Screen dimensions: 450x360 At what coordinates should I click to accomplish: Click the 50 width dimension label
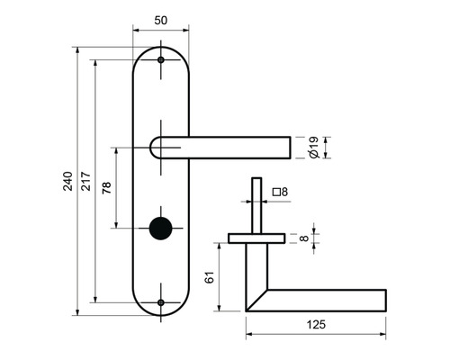coord(160,21)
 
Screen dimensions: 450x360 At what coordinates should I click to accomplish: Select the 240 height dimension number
coord(68,181)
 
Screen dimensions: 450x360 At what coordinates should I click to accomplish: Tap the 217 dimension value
coord(85,181)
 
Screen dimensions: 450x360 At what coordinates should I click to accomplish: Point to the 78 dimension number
coord(106,188)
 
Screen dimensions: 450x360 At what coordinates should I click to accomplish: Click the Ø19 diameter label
coord(314,148)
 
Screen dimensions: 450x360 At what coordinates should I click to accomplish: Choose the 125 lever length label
coord(316,324)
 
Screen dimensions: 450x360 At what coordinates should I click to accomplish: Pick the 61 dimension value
coord(210,277)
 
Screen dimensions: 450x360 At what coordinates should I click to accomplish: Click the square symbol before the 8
coord(276,192)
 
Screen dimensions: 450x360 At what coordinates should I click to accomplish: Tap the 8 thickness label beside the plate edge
coord(304,238)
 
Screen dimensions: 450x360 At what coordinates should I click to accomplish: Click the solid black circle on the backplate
coord(161,229)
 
